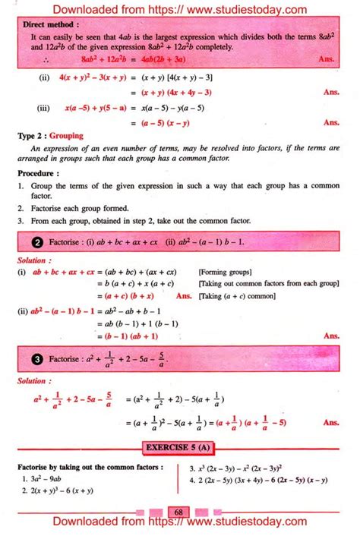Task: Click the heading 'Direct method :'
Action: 49,24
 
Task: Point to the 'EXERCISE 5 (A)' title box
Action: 180,449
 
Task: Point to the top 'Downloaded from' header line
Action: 180,8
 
